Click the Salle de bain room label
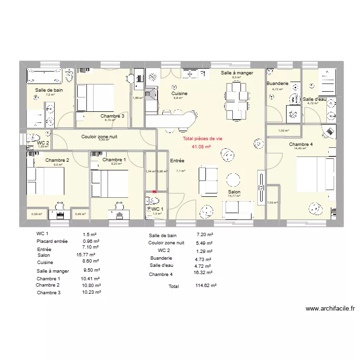click(48, 90)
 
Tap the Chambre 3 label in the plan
click(112, 116)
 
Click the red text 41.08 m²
click(201, 147)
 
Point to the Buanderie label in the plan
click(277, 84)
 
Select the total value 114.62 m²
click(206, 285)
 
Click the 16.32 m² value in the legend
click(203, 272)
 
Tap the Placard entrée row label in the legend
click(52, 241)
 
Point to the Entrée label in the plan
click(177, 161)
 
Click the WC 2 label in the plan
click(43, 143)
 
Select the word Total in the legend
click(173, 287)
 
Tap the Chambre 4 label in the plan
click(300, 144)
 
